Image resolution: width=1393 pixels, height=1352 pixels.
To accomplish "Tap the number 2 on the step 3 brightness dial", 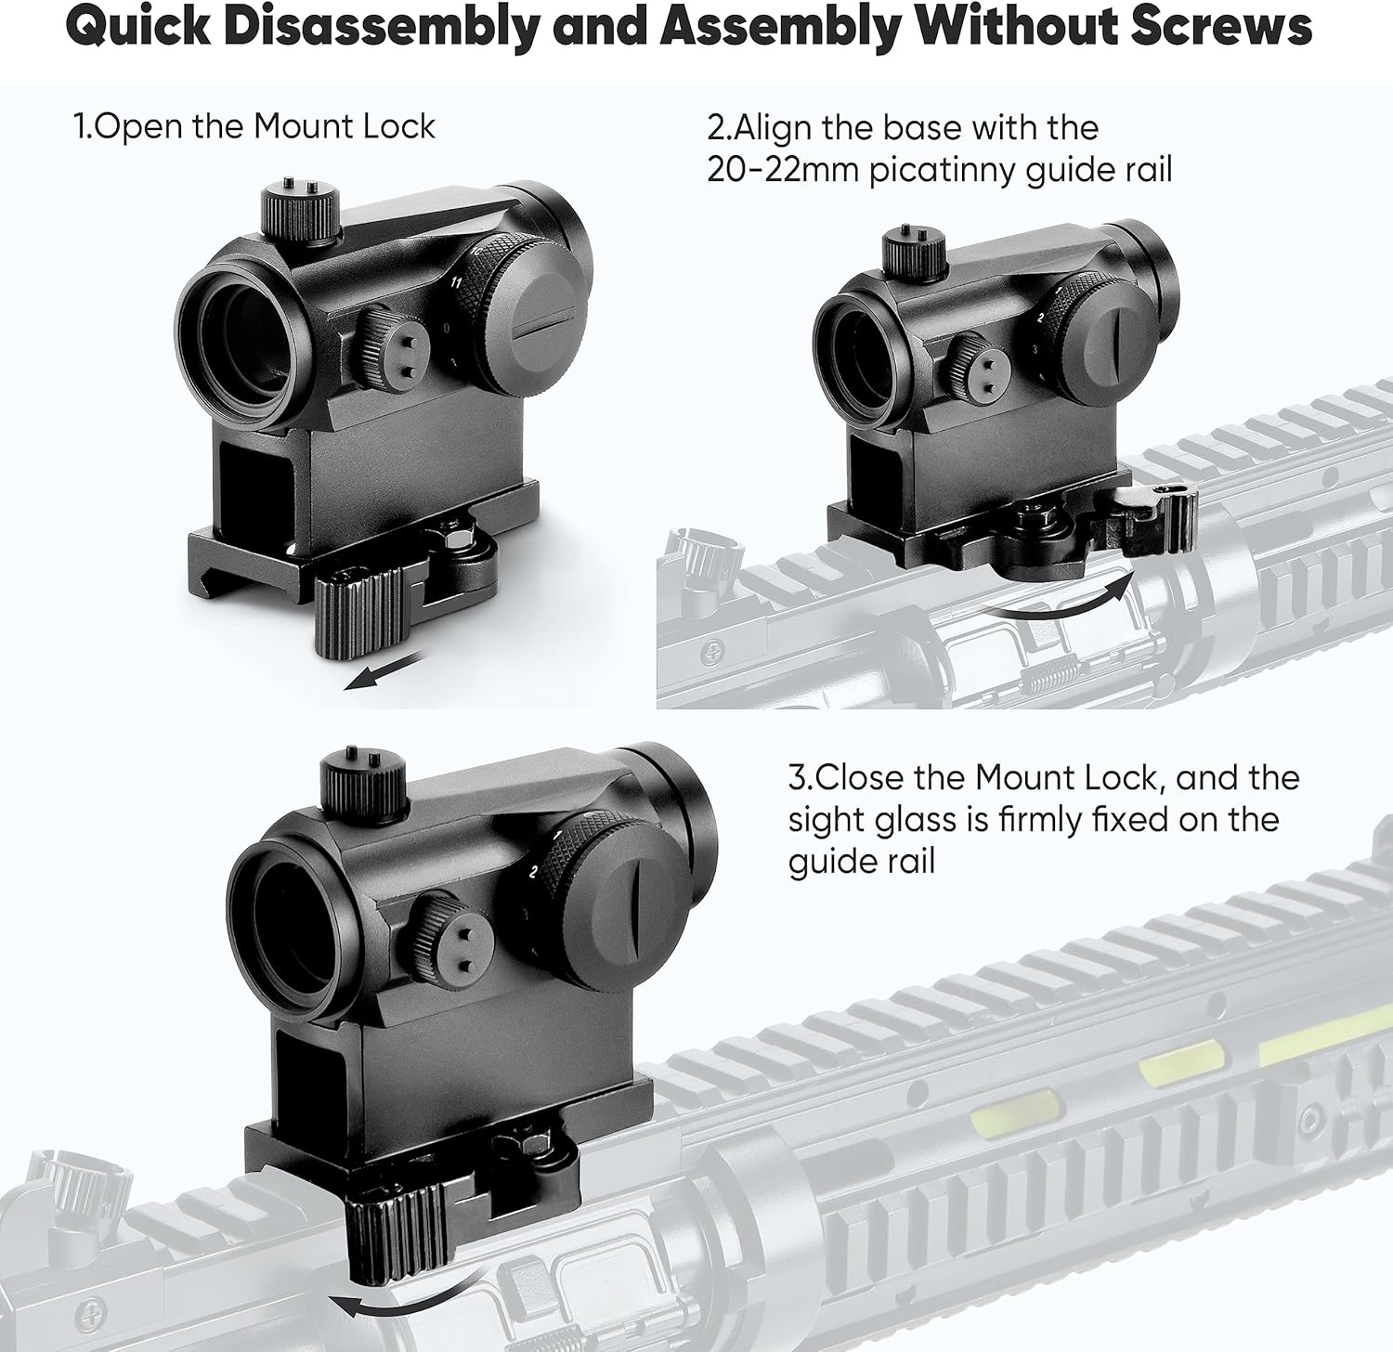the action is [533, 872].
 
